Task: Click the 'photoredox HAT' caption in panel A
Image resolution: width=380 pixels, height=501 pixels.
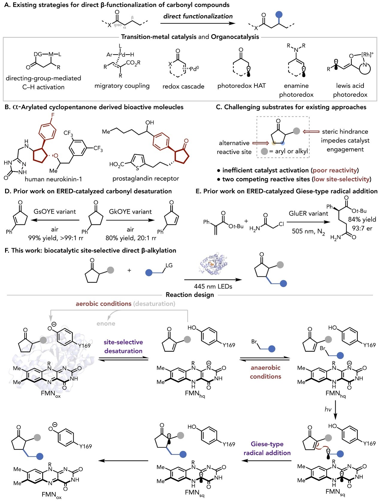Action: [241, 86]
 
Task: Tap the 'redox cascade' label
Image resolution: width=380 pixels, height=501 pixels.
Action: [183, 87]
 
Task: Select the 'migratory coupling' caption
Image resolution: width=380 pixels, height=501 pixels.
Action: [122, 86]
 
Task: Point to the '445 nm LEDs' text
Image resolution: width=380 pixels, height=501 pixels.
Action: [213, 287]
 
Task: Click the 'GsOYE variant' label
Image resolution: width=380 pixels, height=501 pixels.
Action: [55, 212]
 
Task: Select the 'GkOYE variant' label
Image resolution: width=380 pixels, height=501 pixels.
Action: [130, 212]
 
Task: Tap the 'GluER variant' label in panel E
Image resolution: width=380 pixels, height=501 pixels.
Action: [308, 214]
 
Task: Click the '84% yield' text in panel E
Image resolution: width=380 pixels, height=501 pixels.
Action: [362, 219]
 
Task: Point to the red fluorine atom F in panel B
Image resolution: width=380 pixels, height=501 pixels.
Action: [53, 115]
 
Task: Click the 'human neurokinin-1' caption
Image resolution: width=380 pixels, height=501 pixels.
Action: [53, 179]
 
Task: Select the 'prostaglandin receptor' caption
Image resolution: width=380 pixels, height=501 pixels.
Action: [146, 178]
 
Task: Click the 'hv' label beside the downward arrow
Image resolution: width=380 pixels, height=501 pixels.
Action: [328, 409]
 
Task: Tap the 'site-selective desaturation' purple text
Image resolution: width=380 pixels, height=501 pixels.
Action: [123, 346]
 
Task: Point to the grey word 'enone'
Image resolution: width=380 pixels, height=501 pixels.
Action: [106, 323]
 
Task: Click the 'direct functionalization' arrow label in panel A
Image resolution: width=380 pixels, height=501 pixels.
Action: [198, 16]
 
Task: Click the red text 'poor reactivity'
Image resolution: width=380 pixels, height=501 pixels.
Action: [335, 170]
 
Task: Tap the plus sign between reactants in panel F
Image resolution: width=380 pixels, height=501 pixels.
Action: [129, 270]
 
